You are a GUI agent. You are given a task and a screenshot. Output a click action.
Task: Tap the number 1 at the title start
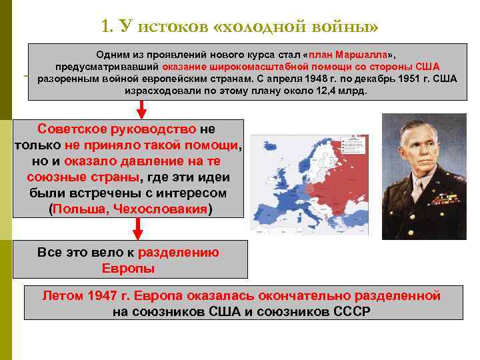[106, 26]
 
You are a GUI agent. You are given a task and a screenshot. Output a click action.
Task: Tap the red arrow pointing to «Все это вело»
[138, 229]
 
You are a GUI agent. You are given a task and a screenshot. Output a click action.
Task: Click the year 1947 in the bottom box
[103, 295]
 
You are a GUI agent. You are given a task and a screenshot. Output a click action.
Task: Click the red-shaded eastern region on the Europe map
[347, 167]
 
